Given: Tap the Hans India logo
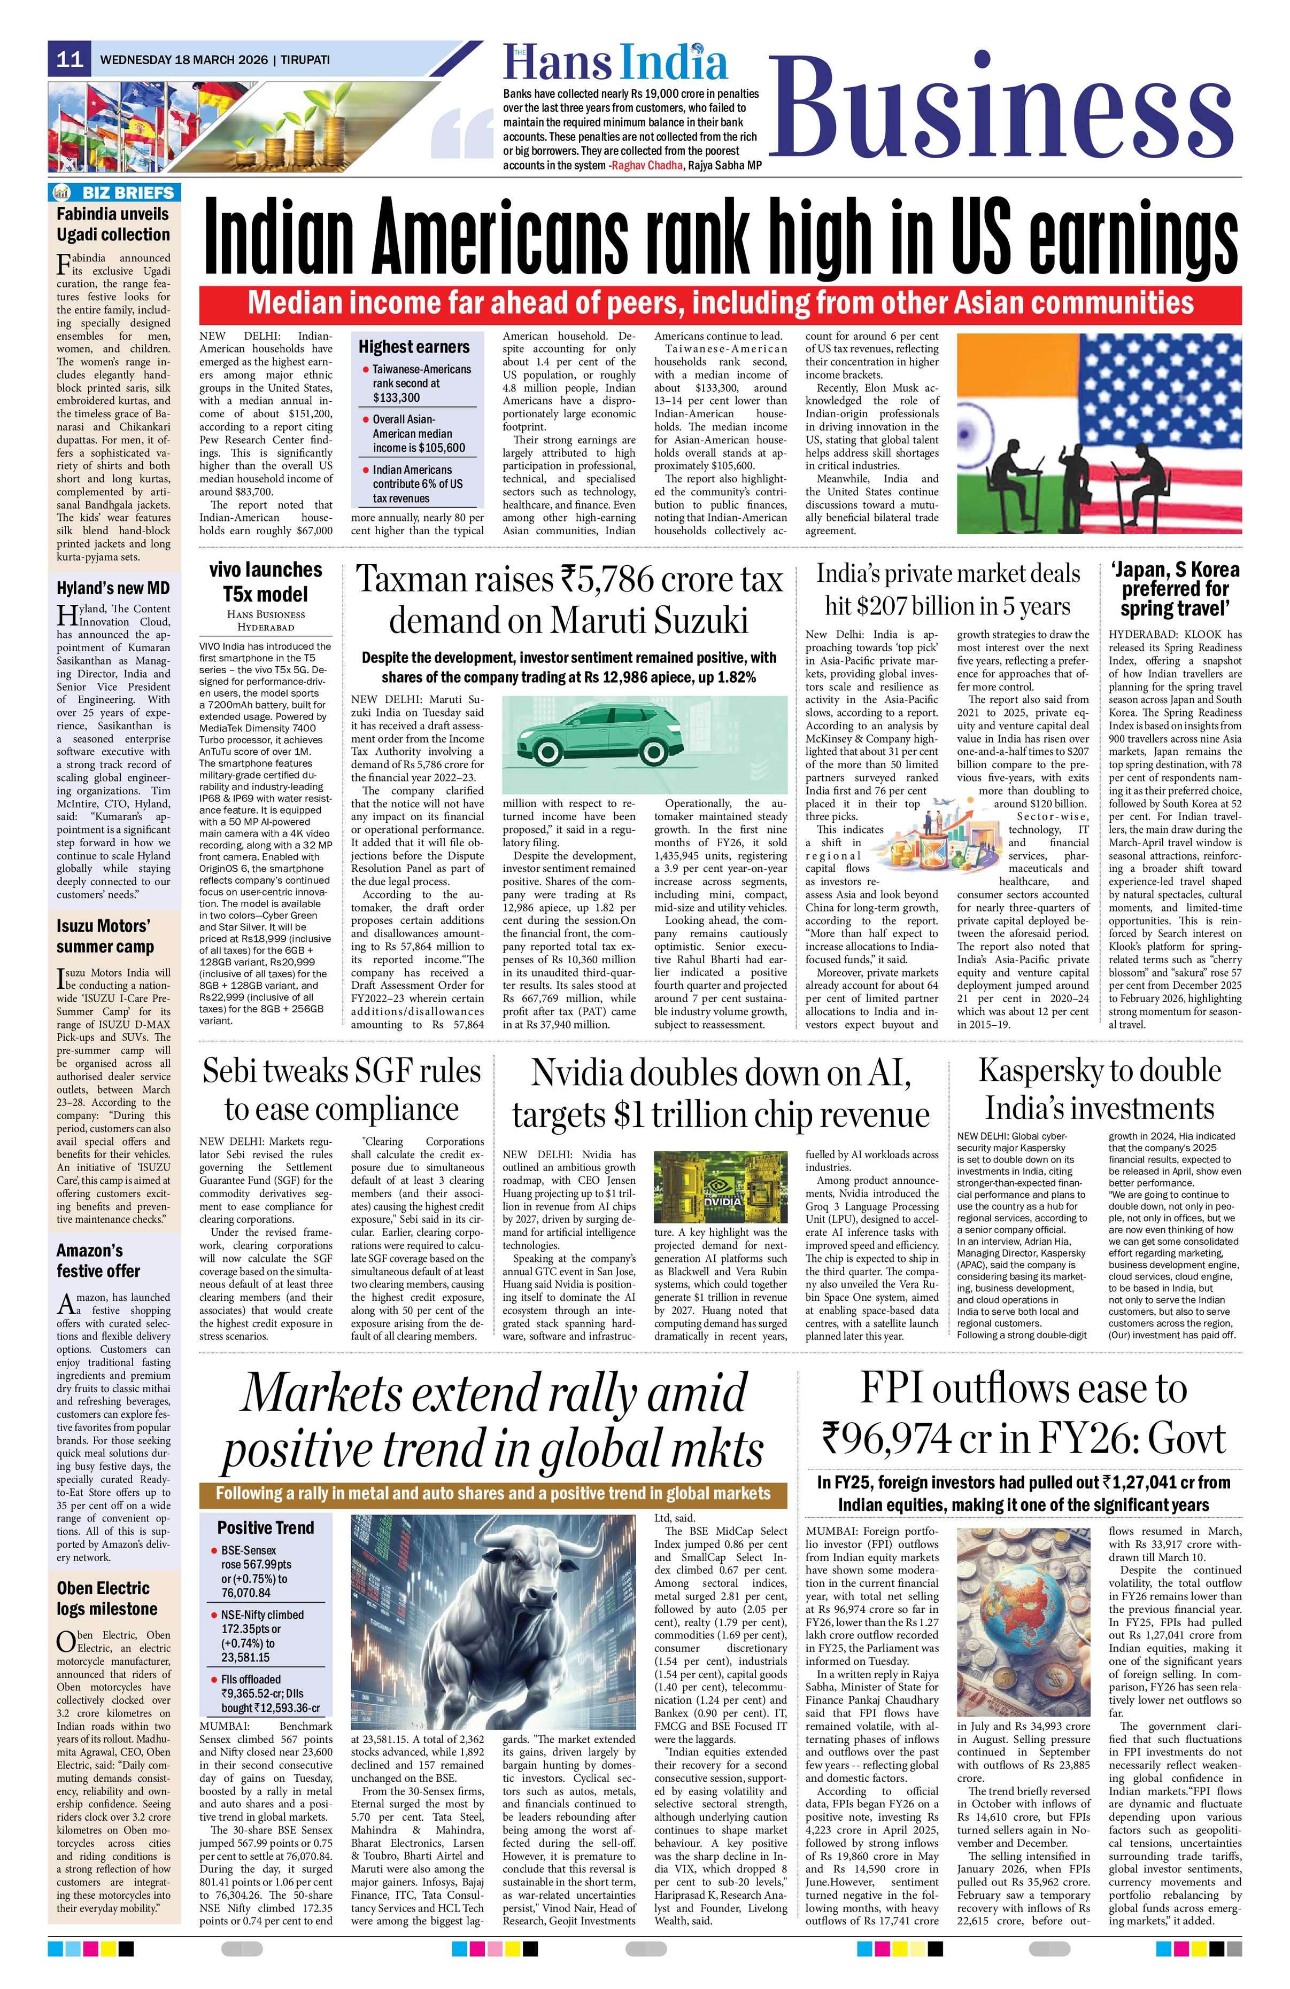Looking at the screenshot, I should click(615, 64).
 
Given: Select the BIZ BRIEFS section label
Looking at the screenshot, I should click(114, 192).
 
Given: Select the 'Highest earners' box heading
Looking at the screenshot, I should click(414, 346).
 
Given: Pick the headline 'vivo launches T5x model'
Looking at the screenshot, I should click(265, 582).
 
